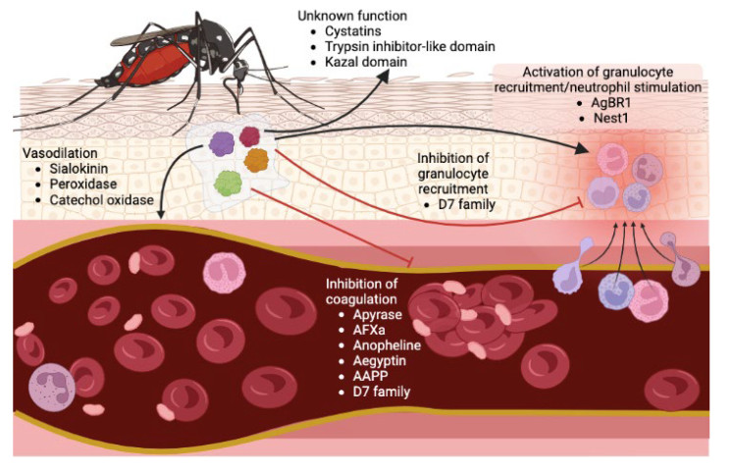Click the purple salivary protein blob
point(221,143)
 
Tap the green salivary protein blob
point(229,183)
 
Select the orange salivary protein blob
point(256,160)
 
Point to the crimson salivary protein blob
point(250,136)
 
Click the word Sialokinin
point(78,169)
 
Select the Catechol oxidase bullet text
point(101,199)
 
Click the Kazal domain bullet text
point(366,62)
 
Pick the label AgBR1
point(611,103)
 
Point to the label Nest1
point(611,118)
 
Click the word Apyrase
point(377,315)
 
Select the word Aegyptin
point(379,361)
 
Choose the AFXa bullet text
point(369,330)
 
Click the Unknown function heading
point(352,16)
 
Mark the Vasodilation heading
point(60,153)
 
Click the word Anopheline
point(387,345)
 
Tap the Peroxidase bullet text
point(83,183)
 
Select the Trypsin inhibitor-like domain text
point(410,46)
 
